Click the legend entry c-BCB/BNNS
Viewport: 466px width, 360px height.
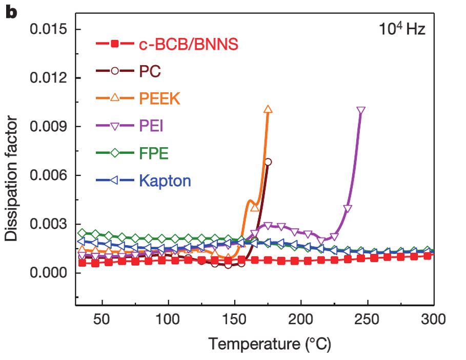pyautogui.click(x=188, y=46)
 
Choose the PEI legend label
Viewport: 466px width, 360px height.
pyautogui.click(x=151, y=125)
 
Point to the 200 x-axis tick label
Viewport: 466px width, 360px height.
pyautogui.click(x=301, y=321)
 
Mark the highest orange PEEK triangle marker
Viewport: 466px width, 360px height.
pyautogui.click(x=268, y=110)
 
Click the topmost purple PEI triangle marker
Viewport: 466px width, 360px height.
pyautogui.click(x=361, y=111)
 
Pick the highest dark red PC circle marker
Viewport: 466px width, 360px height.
pyautogui.click(x=268, y=162)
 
